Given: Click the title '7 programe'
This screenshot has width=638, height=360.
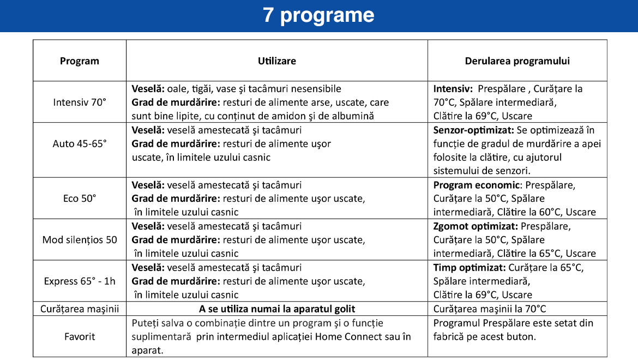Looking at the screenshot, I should pos(318,15).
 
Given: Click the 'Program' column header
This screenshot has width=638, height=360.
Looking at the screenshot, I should pos(80,61).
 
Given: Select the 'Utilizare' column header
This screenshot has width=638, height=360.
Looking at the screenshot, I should pos(276,61).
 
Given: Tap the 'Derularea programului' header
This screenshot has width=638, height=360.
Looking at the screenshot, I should pos(517,61).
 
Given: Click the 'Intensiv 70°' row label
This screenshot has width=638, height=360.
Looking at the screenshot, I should pos(80,102).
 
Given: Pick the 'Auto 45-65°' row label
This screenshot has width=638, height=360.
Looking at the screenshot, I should pos(80,144).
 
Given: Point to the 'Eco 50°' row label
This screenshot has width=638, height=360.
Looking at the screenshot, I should pos(80,199).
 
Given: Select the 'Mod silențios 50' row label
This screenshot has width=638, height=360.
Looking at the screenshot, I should pos(80,240).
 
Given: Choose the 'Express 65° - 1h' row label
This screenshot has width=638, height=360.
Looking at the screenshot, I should pos(80,281).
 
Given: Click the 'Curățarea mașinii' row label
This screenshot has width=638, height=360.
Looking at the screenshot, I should pos(80,309).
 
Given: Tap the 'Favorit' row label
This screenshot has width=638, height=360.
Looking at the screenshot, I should pos(80,337).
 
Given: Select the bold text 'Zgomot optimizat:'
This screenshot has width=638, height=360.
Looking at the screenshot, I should pos(476,226).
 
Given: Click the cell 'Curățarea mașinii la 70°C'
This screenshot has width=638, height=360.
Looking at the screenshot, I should pos(490,309).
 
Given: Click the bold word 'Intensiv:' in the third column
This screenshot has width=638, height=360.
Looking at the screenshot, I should pos(453,89).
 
